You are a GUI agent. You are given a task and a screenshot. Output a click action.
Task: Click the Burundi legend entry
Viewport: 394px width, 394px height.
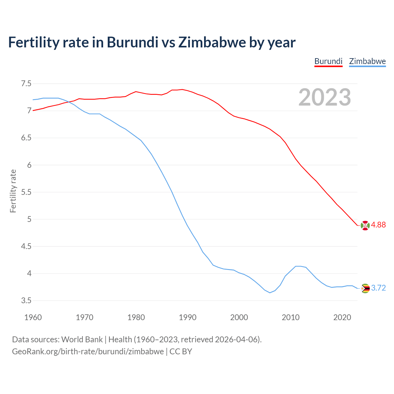[x=328, y=61]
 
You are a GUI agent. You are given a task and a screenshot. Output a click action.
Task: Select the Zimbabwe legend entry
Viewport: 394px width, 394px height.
[x=367, y=61]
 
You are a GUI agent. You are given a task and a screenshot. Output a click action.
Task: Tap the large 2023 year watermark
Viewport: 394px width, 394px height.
[x=324, y=97]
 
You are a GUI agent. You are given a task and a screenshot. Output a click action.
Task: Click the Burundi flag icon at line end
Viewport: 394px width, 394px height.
[x=365, y=225]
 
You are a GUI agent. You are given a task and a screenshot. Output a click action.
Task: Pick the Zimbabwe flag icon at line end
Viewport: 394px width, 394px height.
[x=365, y=288]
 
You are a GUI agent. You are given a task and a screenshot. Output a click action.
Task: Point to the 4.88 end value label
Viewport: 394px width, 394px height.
[x=378, y=225]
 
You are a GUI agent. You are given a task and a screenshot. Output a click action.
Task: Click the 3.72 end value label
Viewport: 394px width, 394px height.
[x=378, y=288]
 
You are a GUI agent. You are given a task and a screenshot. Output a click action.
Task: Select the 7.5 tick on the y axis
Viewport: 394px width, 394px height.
[x=26, y=84]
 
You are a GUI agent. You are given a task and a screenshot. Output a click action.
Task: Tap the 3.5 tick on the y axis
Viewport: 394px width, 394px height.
[x=26, y=301]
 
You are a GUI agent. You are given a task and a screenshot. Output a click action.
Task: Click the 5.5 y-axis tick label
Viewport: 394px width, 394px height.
[x=26, y=192]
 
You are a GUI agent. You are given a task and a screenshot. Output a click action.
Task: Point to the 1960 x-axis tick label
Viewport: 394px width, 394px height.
[x=33, y=317]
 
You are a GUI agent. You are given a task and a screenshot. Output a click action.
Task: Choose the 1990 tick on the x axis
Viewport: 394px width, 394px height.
[x=187, y=317]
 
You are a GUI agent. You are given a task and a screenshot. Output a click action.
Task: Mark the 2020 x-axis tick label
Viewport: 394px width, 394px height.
[x=342, y=317]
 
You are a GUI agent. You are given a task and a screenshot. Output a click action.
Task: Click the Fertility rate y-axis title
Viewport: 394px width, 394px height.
[x=13, y=191]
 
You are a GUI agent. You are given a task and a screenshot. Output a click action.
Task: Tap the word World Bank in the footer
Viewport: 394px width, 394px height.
[x=82, y=340]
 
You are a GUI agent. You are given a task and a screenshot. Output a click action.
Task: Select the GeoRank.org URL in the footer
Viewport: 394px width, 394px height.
[x=88, y=352]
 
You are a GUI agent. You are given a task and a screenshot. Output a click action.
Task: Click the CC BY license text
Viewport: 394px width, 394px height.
[x=181, y=352]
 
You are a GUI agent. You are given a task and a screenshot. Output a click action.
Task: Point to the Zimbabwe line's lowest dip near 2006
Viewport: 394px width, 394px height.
[x=270, y=293]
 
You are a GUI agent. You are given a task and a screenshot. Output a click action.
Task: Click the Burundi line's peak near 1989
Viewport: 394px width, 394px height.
[x=182, y=90]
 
